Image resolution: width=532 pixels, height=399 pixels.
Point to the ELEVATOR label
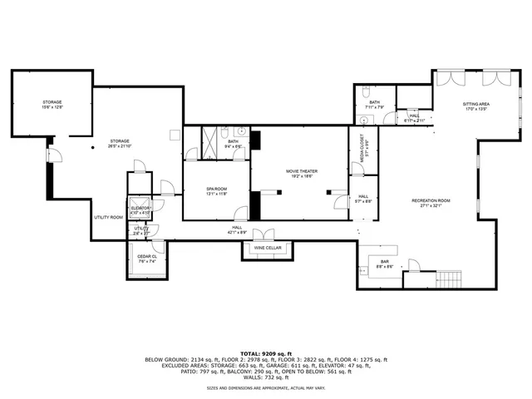click(x=140, y=208)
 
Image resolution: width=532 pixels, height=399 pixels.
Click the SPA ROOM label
click(x=216, y=189)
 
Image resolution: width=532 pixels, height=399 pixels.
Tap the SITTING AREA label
click(x=475, y=104)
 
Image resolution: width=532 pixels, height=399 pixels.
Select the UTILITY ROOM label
click(x=108, y=217)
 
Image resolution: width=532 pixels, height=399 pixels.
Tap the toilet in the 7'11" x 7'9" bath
click(x=367, y=91)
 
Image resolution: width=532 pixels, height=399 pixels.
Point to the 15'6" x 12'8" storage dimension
click(x=52, y=107)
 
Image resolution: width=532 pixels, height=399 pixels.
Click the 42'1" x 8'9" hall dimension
click(x=238, y=232)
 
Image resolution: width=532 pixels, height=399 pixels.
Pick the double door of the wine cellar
click(x=262, y=235)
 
